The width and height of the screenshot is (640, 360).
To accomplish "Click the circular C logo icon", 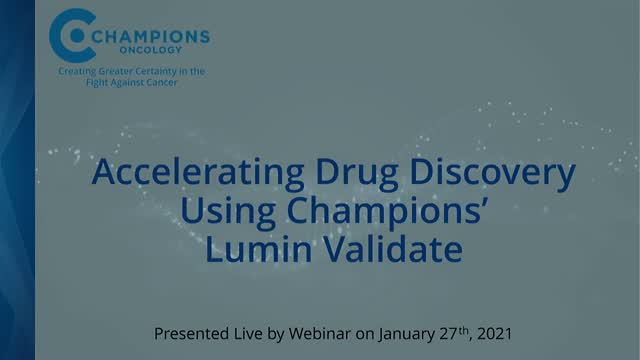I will (70, 37).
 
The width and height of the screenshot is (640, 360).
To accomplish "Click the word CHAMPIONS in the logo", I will (150, 36).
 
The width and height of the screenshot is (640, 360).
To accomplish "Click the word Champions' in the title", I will (384, 211).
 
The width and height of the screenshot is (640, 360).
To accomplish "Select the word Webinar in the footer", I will (319, 331).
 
